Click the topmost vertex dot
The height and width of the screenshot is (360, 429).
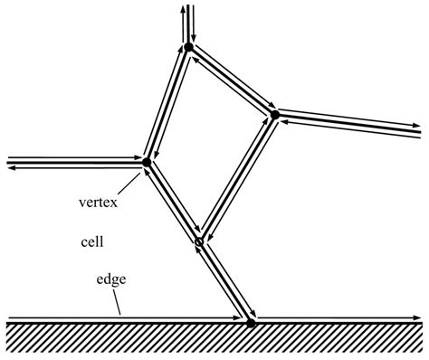coord(188,46)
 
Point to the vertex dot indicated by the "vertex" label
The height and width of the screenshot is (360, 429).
coord(146,163)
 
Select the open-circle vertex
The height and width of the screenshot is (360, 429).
coord(199,242)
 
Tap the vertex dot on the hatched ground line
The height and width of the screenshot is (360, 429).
coord(252,320)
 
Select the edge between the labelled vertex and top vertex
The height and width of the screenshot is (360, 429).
coord(167,104)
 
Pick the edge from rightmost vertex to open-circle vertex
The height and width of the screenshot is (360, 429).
coord(237,178)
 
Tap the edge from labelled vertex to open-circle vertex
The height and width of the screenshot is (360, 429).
coord(172,203)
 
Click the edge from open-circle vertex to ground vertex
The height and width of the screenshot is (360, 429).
coord(225,281)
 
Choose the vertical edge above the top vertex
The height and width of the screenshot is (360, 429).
coord(186,23)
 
